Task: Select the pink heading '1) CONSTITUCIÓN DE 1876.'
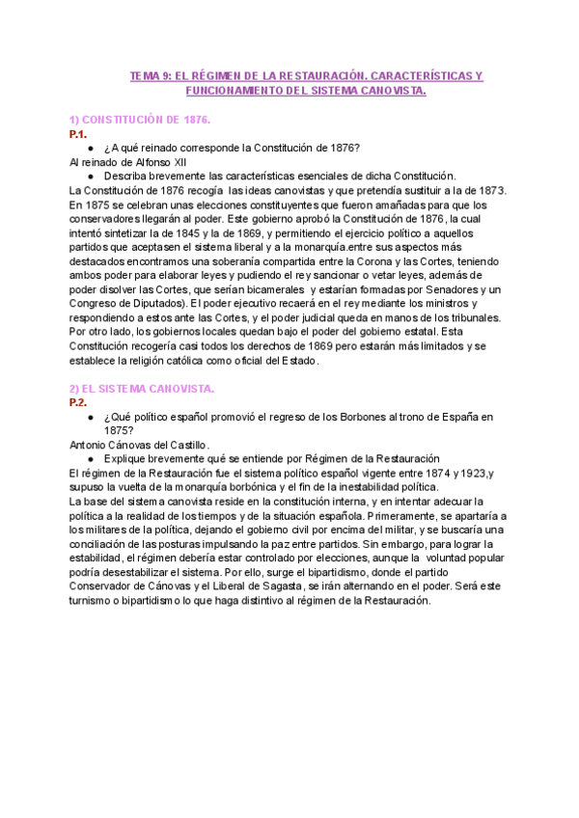pyautogui.click(x=140, y=119)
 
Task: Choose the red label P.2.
pyautogui.click(x=78, y=402)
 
